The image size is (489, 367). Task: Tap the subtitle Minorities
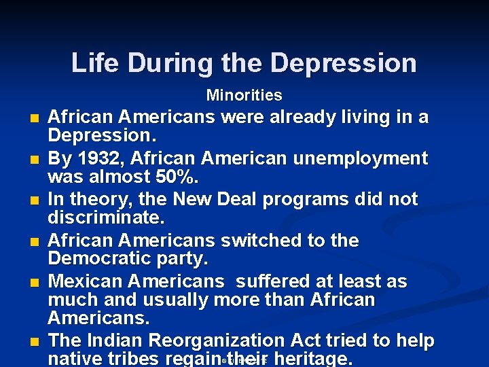pyautogui.click(x=244, y=95)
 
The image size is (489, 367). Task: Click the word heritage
pyautogui.click(x=313, y=358)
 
